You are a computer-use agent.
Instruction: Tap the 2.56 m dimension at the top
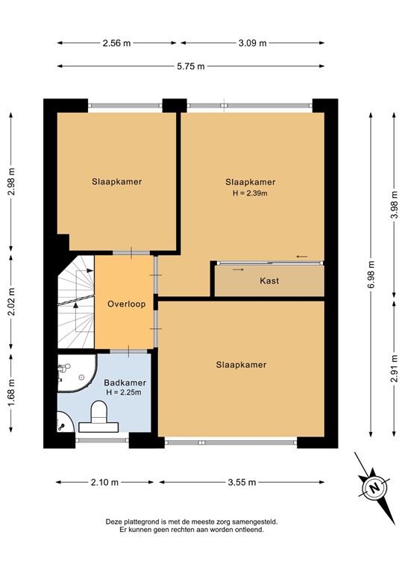(x=116, y=43)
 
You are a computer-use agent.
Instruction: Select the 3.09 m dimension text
(x=252, y=43)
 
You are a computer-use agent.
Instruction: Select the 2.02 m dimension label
(x=11, y=303)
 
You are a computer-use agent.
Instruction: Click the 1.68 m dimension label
(x=11, y=391)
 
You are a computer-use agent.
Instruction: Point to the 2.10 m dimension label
(x=104, y=482)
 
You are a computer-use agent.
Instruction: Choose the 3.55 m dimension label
(x=241, y=482)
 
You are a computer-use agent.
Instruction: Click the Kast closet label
(x=269, y=281)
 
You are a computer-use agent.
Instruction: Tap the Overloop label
(x=125, y=304)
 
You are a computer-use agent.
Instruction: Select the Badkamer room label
(x=123, y=383)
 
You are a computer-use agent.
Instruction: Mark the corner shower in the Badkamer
(x=74, y=372)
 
